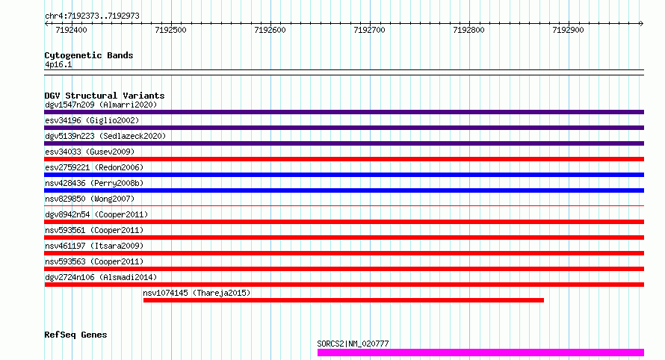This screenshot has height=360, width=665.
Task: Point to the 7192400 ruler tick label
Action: coord(71,31)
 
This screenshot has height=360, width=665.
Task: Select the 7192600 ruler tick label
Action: coord(270,31)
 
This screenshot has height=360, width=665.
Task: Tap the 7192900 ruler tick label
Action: coord(567,31)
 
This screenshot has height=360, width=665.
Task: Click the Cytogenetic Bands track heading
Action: coord(88,55)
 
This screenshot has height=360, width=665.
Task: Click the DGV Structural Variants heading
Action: coord(104,96)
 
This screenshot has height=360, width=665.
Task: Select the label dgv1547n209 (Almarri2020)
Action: coord(101,105)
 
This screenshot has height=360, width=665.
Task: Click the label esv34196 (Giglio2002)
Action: coord(92,120)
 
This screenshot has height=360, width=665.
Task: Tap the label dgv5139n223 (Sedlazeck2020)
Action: coord(105,136)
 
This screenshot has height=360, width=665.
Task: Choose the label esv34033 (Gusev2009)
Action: coord(90,152)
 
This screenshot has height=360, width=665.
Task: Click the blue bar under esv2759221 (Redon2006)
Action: coord(344,175)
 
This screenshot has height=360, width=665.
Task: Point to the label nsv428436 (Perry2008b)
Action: coord(94,183)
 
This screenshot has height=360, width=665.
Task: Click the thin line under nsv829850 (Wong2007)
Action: coord(344,205)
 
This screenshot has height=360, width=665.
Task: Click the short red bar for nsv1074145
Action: coord(343,300)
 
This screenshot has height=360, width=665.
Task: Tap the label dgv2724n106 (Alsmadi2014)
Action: coord(101,277)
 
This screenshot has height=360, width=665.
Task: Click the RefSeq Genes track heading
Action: coord(75,335)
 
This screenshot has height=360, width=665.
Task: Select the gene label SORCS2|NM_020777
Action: coord(353,344)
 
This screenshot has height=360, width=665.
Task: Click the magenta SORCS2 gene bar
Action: coord(480,352)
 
